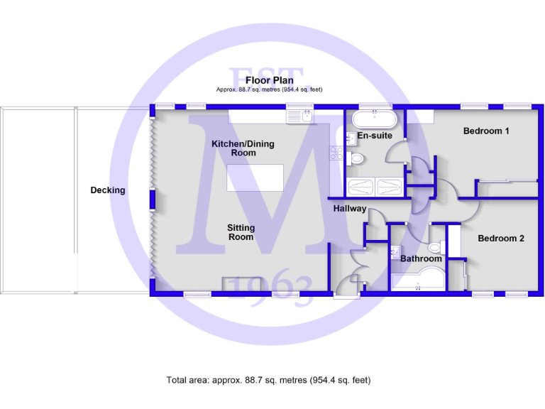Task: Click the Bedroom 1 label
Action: coord(486,131)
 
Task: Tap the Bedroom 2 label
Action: coord(500,238)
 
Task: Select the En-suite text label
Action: coord(373,135)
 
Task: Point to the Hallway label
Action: coord(350,209)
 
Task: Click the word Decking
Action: coord(108,190)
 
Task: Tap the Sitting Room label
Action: coord(241,232)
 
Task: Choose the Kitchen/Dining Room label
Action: coord(243,148)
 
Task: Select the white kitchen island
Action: coord(255,178)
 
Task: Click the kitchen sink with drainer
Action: coord(299,113)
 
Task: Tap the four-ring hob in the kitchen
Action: coord(336,153)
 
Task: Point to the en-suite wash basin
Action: coord(351,138)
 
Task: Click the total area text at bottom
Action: coord(268,380)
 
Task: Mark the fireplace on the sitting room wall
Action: coord(237,285)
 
